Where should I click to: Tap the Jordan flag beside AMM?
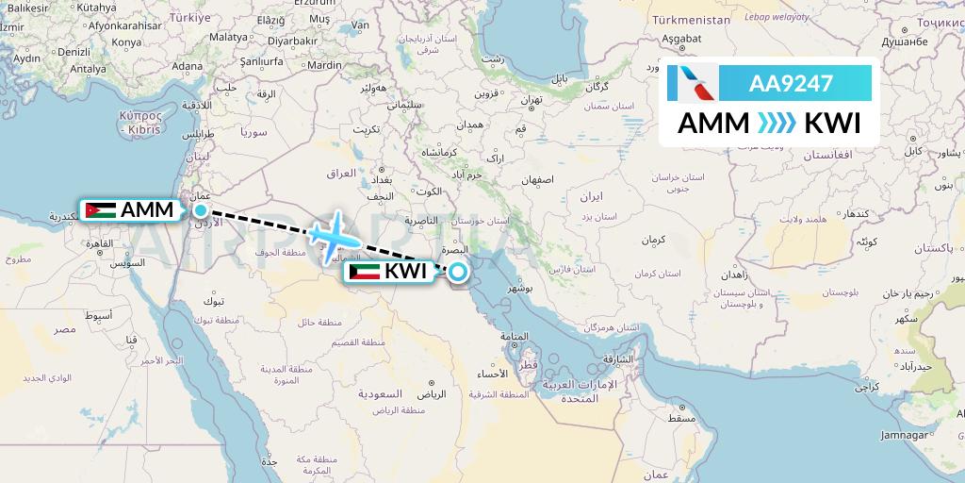click(x=100, y=210)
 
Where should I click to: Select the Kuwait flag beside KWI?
click(x=364, y=273)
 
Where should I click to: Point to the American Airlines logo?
click(x=692, y=84)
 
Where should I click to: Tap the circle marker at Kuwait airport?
click(x=457, y=273)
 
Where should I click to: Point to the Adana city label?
click(x=187, y=66)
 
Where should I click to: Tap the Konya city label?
click(x=126, y=42)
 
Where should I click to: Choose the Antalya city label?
click(x=88, y=69)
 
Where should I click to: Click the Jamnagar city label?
click(x=930, y=435)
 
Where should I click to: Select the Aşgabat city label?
click(x=680, y=38)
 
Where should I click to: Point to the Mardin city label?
click(x=324, y=65)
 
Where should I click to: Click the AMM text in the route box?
click(x=711, y=124)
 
